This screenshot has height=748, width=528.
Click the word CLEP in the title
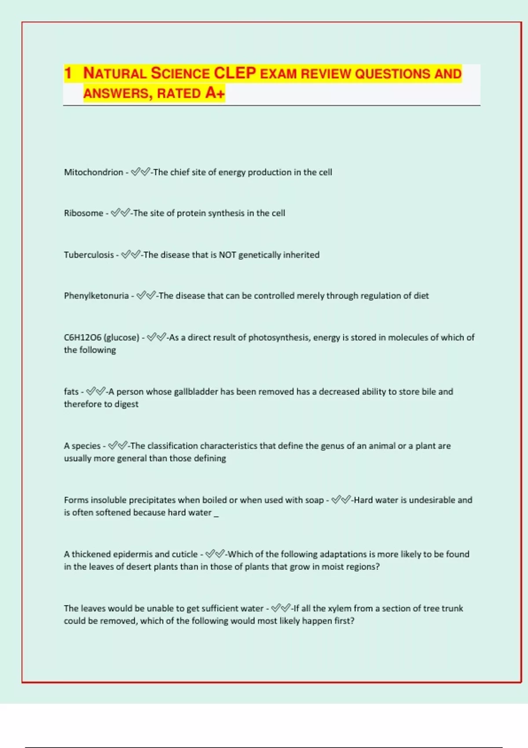(235, 73)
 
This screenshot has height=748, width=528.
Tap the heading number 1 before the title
(68, 73)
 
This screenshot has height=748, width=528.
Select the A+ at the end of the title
(215, 93)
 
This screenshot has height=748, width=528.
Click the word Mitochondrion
(93, 172)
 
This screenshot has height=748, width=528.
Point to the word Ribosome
(83, 213)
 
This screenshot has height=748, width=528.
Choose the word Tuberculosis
(88, 255)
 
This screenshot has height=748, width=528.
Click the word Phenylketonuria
(96, 296)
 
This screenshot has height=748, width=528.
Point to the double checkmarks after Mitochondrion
(140, 172)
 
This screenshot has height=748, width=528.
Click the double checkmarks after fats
(95, 392)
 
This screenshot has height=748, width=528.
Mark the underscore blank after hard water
(216, 514)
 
